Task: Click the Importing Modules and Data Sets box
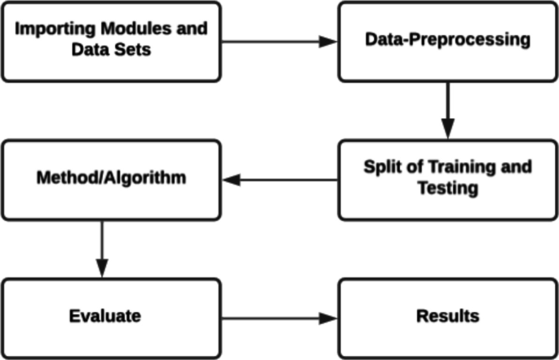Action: coord(110,41)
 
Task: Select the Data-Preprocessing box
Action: coord(447,41)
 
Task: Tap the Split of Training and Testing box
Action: coord(447,179)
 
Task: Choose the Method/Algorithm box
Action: coord(110,179)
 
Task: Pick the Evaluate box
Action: coord(110,317)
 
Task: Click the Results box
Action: coord(447,317)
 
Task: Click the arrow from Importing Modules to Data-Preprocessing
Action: coord(277,41)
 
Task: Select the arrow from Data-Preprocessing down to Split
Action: coord(447,110)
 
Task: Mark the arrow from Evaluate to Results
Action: coord(277,317)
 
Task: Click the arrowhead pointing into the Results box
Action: coord(328,317)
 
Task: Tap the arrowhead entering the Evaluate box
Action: coord(101,269)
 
